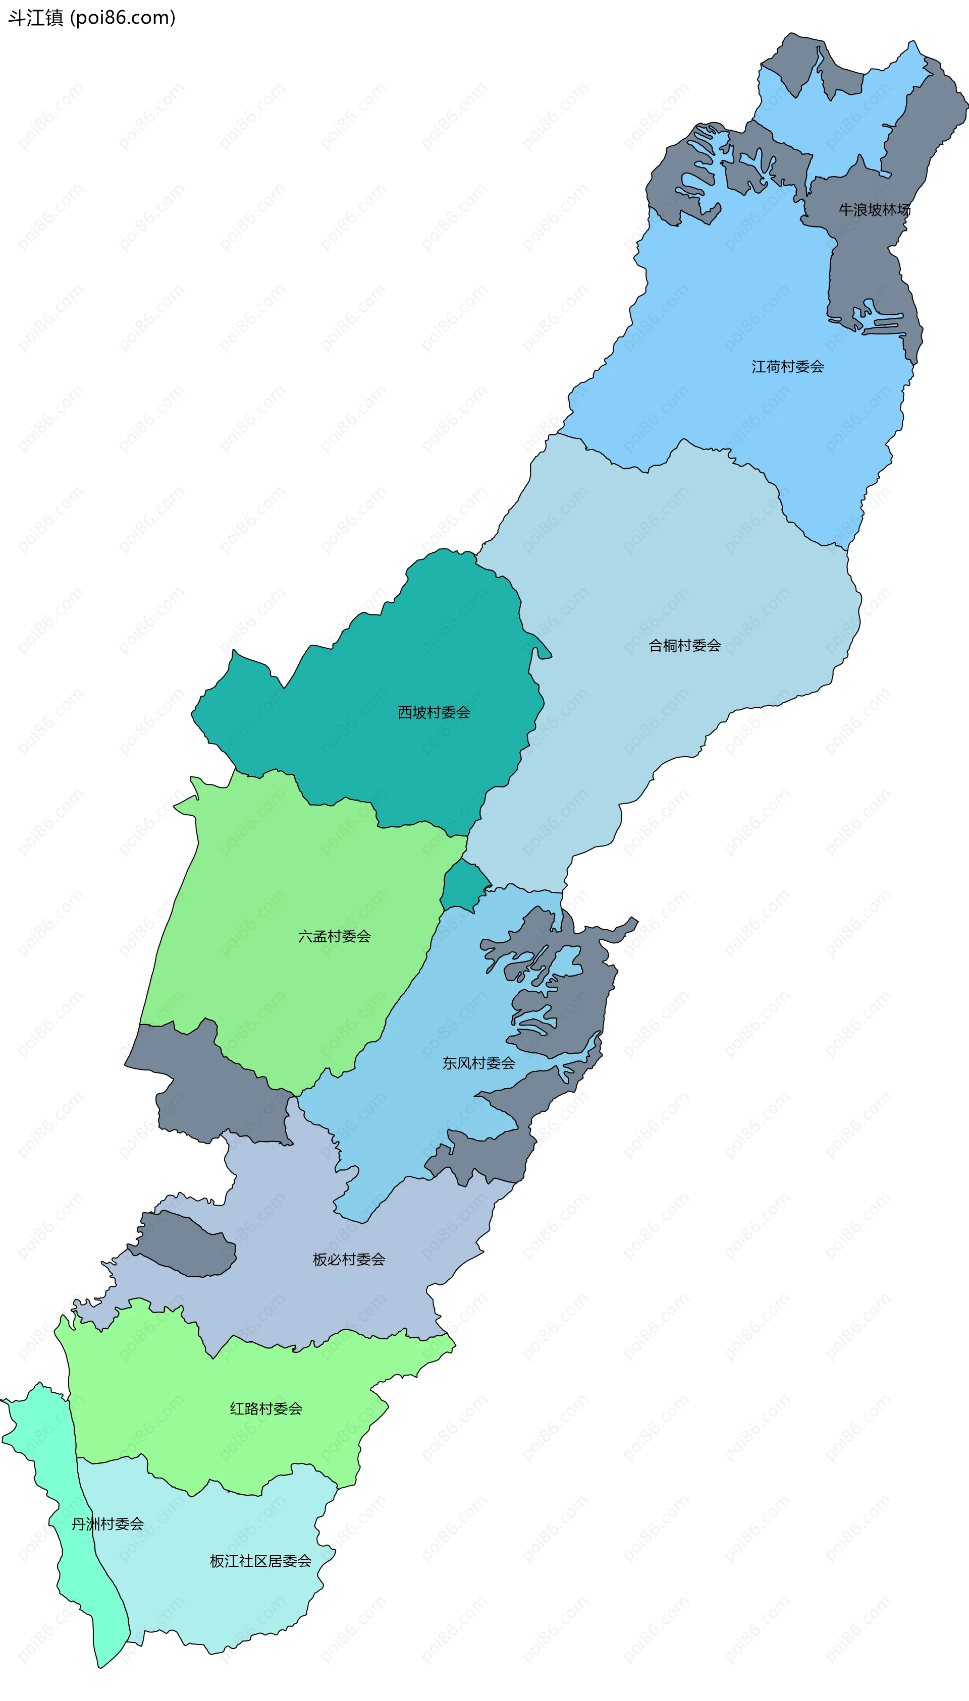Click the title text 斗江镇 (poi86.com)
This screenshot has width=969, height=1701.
coord(92,18)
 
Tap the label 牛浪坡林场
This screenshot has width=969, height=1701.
coord(874,210)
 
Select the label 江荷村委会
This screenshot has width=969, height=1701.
coord(787,367)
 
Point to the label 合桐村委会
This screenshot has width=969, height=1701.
coord(684,645)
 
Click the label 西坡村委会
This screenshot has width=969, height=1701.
coord(434,712)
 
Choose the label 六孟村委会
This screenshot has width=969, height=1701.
coord(334,937)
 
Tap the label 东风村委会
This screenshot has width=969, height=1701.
coord(478,1063)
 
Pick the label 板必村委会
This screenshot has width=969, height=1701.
coord(349,1259)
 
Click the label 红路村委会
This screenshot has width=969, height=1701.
coord(266,1408)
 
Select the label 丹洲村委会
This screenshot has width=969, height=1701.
coord(107,1524)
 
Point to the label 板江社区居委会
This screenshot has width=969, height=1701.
coord(260,1561)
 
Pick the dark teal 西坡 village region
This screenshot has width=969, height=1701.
coord(399,665)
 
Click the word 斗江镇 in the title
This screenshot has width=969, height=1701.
coord(35,18)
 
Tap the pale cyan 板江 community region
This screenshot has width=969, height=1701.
coord(220,1610)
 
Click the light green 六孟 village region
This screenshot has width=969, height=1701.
coord(280,878)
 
